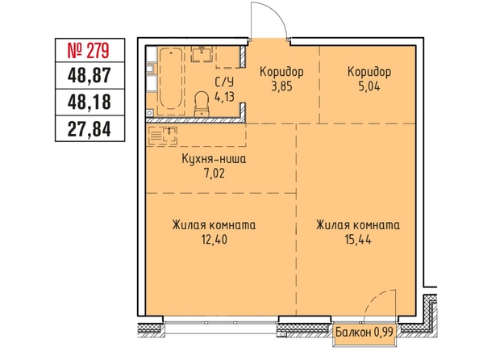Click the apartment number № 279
88,51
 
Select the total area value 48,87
90,76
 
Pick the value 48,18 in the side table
90,103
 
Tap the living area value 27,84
90,129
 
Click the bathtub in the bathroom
171,81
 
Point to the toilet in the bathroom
202,103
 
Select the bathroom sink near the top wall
202,53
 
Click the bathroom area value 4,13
224,97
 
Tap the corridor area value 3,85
281,86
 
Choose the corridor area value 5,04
369,86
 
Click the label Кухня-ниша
214,159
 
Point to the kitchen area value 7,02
215,174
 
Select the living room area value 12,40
215,240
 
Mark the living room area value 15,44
358,240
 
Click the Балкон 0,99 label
364,331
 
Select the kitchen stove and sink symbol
163,135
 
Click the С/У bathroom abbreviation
224,82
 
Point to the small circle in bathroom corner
149,113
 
